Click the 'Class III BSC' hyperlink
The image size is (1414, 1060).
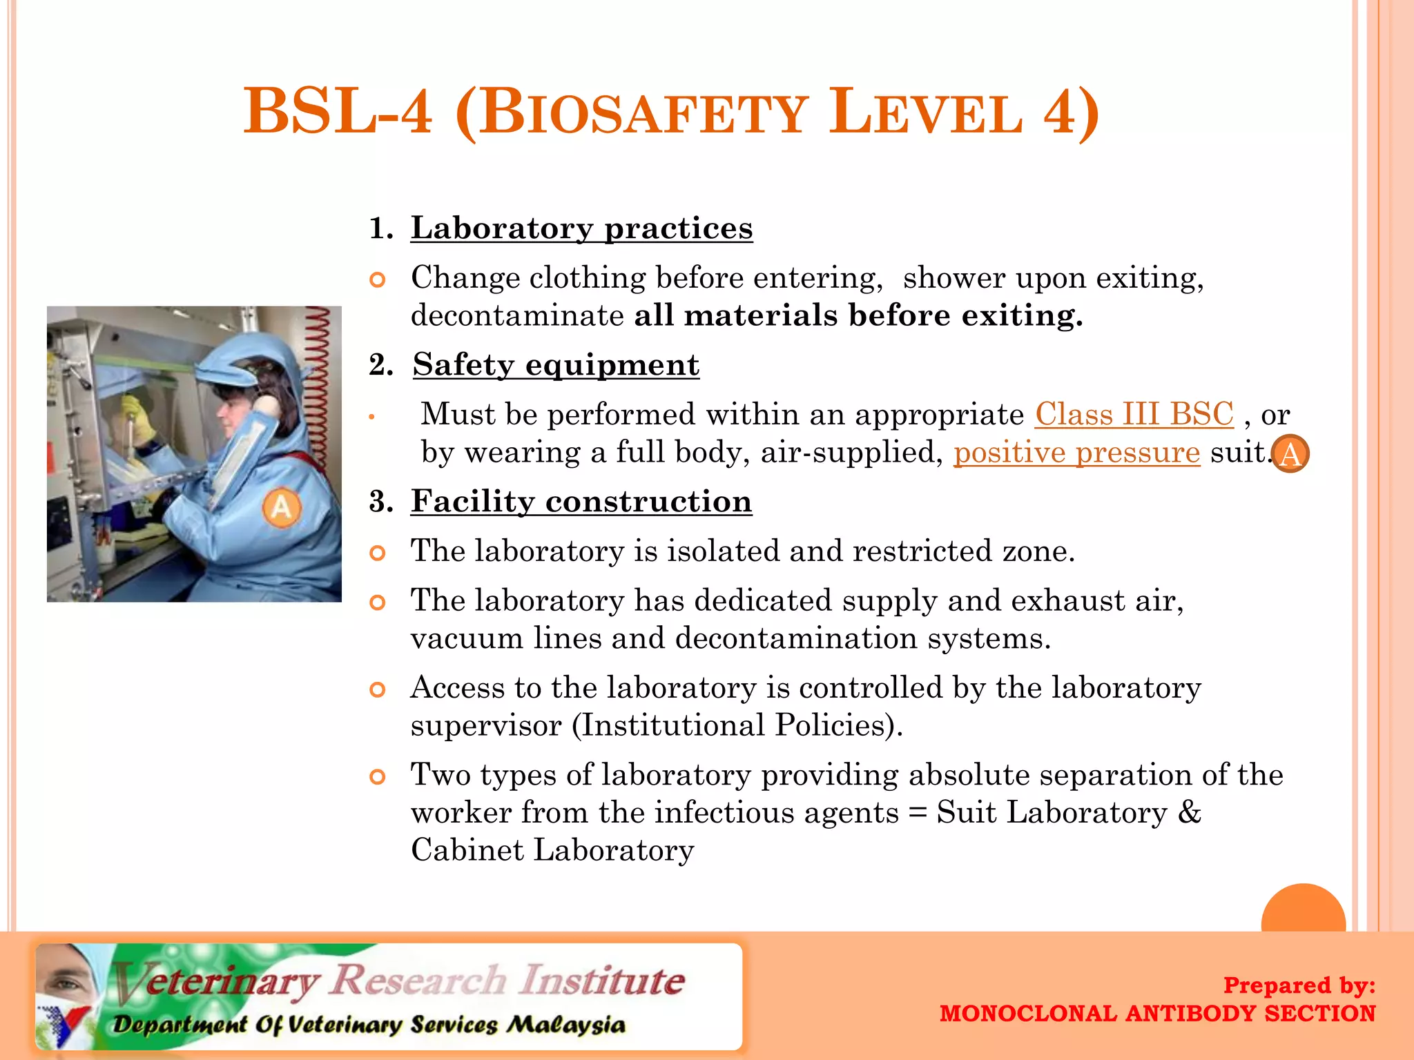tap(1134, 415)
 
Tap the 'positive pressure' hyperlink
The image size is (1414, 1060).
tap(1076, 453)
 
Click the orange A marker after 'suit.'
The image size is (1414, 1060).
tap(1290, 454)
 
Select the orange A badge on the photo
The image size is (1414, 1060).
tap(282, 507)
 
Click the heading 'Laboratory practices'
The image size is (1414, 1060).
tap(581, 228)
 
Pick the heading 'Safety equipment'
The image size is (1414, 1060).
tap(556, 364)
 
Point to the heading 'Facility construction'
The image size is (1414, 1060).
tap(581, 501)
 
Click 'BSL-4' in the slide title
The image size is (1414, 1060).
tap(338, 112)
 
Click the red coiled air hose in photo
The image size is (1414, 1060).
tap(319, 386)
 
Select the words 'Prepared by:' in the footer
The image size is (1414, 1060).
tap(1299, 985)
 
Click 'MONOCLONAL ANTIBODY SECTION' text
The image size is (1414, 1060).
tap(1157, 1014)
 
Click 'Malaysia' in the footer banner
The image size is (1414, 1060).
tap(566, 1025)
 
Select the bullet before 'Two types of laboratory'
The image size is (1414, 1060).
tap(377, 777)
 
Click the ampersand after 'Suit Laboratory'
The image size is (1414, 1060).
tap(1189, 812)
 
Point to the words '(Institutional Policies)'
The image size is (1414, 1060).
tap(737, 725)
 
